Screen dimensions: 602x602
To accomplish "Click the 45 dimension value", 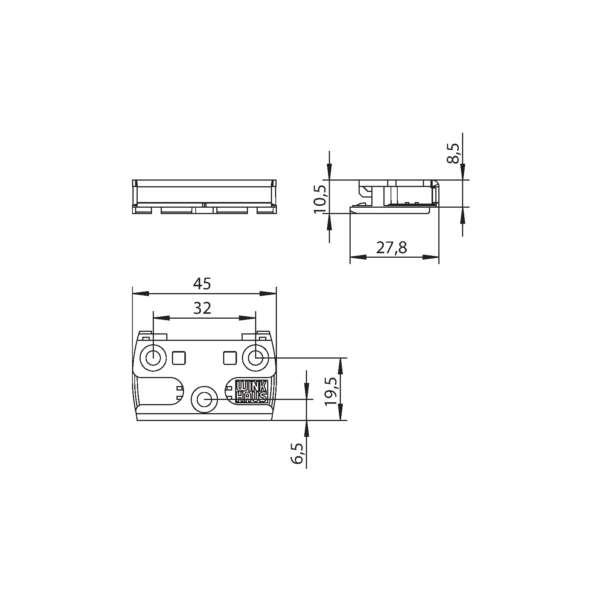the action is click(x=203, y=284).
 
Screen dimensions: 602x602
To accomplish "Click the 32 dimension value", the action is click(x=202, y=309).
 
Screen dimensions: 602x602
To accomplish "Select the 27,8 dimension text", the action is click(x=392, y=248).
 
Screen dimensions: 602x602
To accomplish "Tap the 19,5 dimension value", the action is click(x=332, y=391).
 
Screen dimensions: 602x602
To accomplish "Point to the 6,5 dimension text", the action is click(x=297, y=453).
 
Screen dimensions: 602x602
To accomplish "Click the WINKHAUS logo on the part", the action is click(x=251, y=391).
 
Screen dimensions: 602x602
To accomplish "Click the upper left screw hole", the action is click(x=153, y=357).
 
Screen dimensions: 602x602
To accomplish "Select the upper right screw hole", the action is click(x=255, y=357).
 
